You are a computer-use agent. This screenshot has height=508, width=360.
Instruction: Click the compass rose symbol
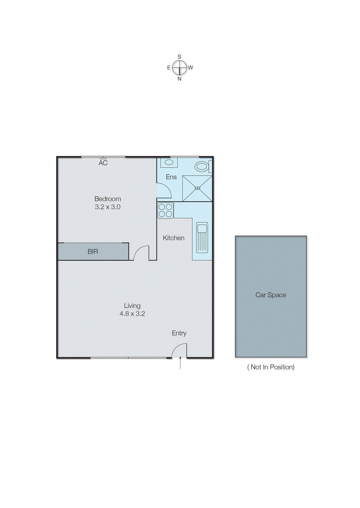coord(180,67)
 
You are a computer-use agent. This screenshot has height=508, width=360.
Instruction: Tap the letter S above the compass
coord(180,57)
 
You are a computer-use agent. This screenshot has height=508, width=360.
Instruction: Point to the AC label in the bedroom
coord(103,163)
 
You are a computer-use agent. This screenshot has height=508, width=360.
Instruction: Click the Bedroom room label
coord(108,199)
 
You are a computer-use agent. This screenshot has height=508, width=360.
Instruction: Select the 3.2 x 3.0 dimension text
coord(108,207)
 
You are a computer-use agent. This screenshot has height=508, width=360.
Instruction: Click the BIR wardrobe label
coord(93,251)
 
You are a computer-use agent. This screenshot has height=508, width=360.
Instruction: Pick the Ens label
coord(171,177)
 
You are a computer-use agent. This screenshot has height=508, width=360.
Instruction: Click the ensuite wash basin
coord(169,163)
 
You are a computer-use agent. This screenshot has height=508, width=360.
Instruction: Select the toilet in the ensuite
coord(202,166)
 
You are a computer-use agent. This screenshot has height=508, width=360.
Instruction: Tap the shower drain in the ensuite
coord(197,188)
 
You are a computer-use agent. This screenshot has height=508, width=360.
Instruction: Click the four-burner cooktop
coord(166,211)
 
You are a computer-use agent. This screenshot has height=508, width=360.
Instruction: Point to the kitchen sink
coord(202,237)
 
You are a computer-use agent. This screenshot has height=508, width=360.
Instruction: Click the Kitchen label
coord(173,238)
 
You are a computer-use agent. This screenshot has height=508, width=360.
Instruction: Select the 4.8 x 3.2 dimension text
coord(132,314)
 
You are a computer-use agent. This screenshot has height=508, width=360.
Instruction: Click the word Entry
coord(179,333)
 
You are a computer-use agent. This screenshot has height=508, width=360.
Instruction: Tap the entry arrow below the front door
coord(180,363)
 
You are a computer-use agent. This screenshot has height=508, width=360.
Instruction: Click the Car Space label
coord(271,295)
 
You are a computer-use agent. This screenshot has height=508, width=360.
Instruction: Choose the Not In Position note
coord(271,367)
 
